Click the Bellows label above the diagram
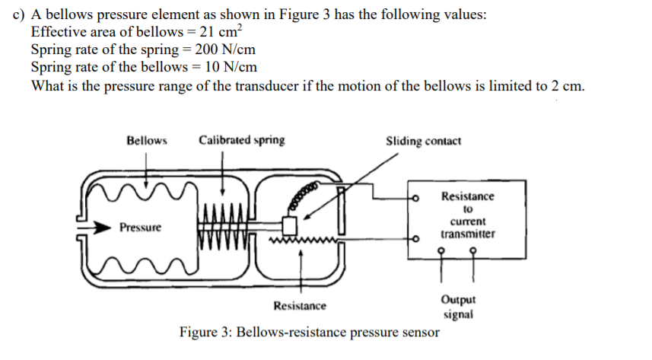tap(147, 140)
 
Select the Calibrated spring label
tap(242, 140)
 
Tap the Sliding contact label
tap(423, 141)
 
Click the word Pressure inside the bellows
tap(141, 228)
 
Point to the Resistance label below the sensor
tap(300, 306)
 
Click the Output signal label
tap(460, 307)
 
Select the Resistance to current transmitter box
tap(468, 215)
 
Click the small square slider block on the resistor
tap(289, 226)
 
